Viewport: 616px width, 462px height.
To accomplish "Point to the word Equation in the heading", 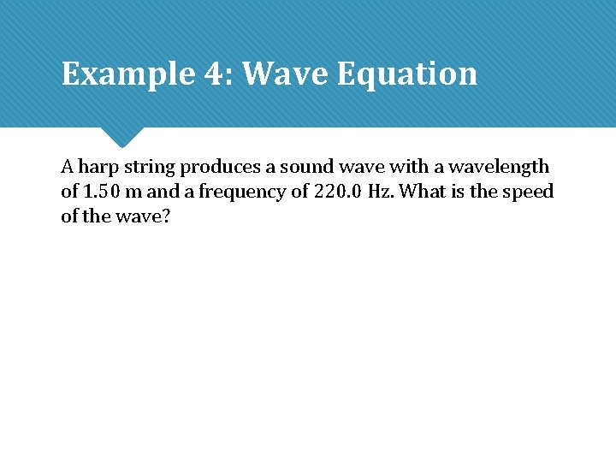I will coord(406,74).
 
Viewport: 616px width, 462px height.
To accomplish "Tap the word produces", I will coord(219,167).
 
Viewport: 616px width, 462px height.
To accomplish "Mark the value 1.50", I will coord(103,192).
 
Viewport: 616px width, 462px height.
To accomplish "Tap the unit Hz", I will coord(382,192).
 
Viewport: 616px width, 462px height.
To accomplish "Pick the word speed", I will coord(529,192).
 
